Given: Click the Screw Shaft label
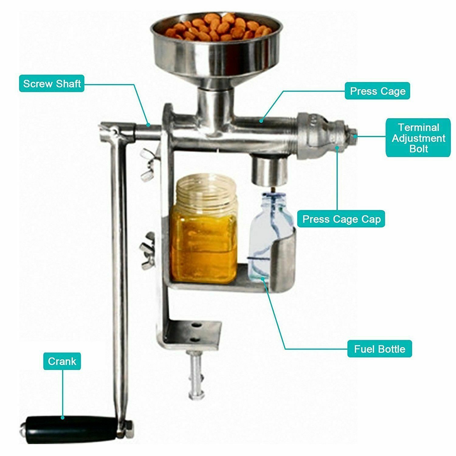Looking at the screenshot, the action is coord(52,84).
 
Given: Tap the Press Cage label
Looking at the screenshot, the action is coord(378,91).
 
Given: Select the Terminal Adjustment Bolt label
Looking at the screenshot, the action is coord(418,138).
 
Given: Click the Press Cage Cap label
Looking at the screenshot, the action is coord(341,219).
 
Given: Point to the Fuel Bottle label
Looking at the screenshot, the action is coord(380,349).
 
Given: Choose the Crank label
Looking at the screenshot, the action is coord(62,361).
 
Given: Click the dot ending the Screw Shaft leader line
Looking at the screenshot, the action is coord(148,124).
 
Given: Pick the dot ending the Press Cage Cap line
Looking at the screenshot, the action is coord(337,148).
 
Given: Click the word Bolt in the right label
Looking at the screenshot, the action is coord(419,149).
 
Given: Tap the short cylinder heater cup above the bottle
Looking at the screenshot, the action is coord(268,169).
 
